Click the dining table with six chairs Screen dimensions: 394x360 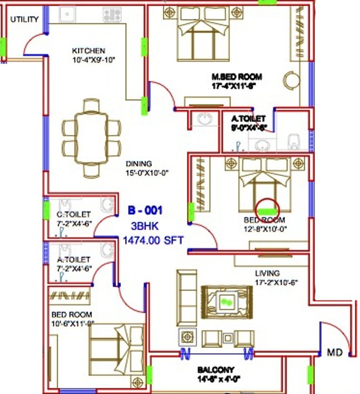(92, 137)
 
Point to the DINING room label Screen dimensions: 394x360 (139, 164)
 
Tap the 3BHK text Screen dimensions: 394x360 (144, 226)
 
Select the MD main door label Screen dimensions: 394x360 (334, 352)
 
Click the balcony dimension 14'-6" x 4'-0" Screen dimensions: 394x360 (216, 379)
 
